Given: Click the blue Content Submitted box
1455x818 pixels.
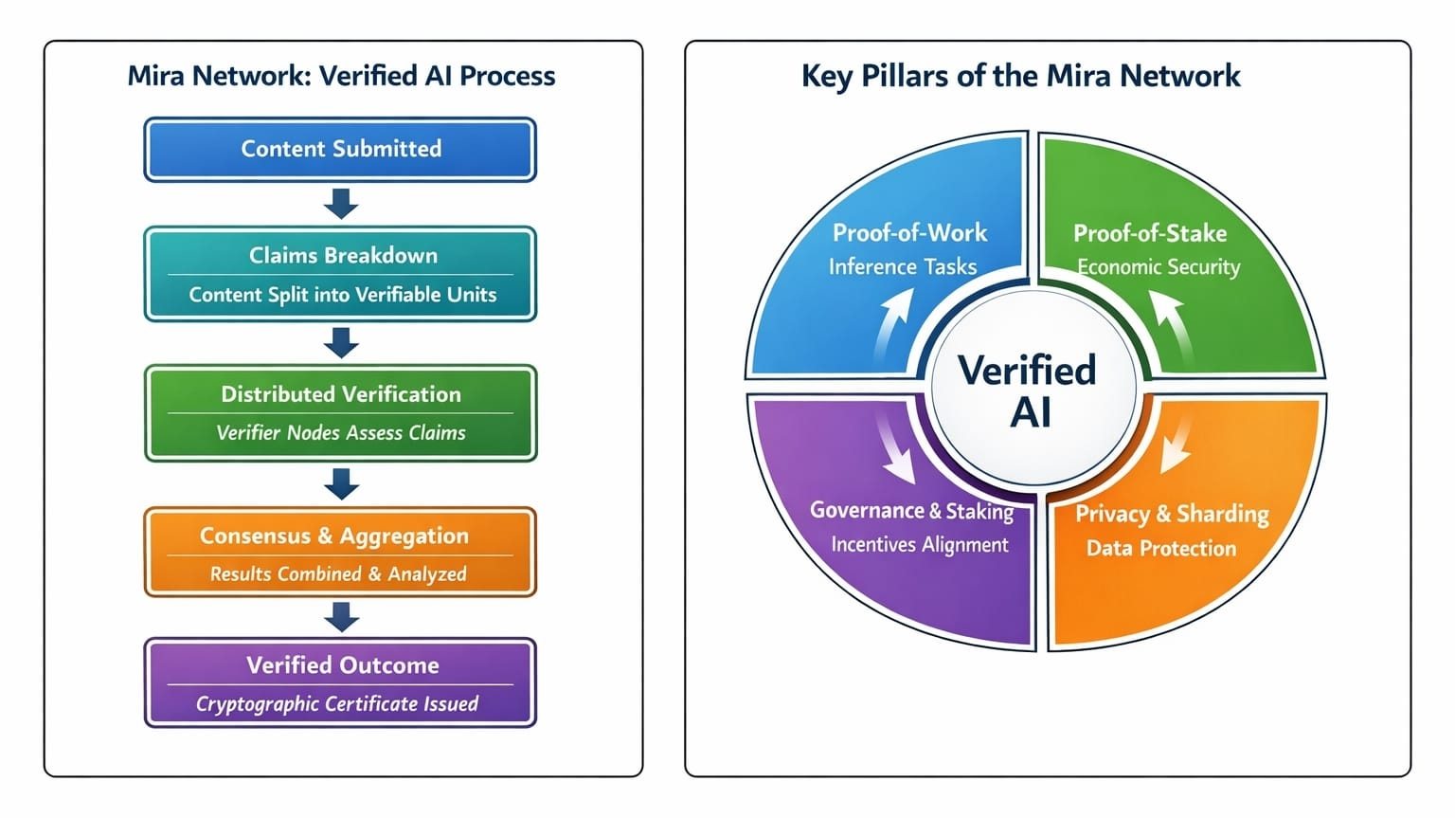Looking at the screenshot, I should pos(340,149).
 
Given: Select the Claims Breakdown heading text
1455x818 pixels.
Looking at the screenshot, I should pos(343,255).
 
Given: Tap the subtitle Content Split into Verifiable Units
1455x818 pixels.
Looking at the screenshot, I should pos(342,295).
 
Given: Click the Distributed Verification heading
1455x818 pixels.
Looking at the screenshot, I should pos(341,393).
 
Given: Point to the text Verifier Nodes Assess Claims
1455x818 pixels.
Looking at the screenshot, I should pos(341,433).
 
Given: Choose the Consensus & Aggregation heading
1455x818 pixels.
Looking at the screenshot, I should pos(333,536).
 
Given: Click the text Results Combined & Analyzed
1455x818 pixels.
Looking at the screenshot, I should pos(338,573).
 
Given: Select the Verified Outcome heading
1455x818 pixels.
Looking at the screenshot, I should pos(342,664).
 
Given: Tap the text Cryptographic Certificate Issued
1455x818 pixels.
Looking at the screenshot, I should pos(337,703).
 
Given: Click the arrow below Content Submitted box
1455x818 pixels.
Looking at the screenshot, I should pos(341,203).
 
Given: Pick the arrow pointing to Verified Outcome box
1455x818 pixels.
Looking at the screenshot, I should pos(341,617).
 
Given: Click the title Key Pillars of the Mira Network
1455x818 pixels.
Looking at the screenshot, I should pos(1020,76).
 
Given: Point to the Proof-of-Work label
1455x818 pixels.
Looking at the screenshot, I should pos(909,232).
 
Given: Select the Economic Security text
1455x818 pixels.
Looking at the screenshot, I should pos(1159,267).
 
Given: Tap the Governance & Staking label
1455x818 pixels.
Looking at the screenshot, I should pos(911,511).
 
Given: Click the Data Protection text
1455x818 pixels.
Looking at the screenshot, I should pos(1160,548).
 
